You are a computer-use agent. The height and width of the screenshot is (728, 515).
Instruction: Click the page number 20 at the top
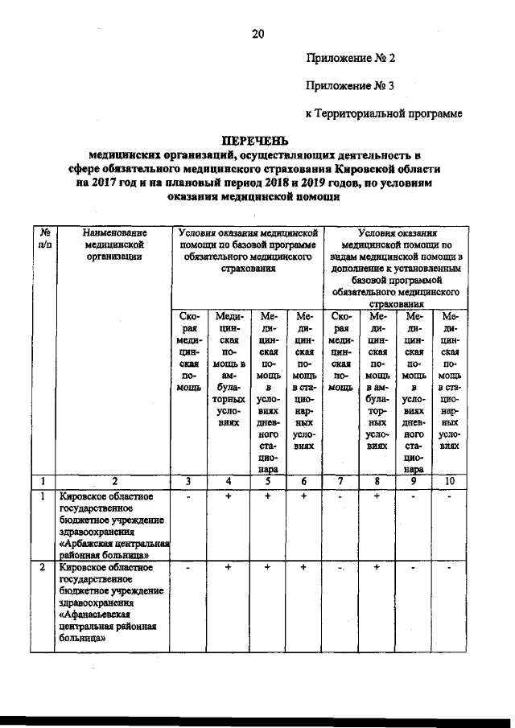(257, 34)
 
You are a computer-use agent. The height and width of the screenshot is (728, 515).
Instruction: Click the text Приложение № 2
(350, 59)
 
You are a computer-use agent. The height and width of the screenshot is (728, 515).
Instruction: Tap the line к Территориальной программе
(384, 113)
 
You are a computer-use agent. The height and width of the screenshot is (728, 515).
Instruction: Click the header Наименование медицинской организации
(113, 244)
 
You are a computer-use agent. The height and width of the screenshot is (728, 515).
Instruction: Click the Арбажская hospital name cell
(113, 524)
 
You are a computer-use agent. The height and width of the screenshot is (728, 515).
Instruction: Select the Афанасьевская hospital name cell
(113, 604)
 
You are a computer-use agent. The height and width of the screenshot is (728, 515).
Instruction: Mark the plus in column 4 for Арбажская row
(229, 497)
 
